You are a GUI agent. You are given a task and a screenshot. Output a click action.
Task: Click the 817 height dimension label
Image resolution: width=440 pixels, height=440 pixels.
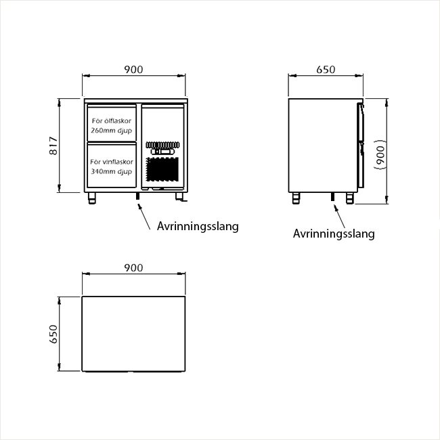point(53,146)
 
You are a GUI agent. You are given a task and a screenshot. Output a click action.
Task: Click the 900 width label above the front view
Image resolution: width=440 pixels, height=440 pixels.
point(133,69)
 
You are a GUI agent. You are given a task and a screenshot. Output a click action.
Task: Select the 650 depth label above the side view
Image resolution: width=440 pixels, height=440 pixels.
point(326,69)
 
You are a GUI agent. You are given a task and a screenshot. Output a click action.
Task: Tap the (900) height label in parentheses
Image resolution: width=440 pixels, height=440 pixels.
point(380,155)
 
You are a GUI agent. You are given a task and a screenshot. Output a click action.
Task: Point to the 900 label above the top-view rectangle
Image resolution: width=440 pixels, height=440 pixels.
point(133,267)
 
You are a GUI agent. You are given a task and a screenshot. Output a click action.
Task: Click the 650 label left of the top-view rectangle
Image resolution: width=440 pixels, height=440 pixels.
point(53,334)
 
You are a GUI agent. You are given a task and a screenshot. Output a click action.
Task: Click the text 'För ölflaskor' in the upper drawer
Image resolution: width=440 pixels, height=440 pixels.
point(112,121)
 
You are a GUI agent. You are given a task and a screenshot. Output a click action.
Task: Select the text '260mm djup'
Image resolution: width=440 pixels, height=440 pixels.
point(112,131)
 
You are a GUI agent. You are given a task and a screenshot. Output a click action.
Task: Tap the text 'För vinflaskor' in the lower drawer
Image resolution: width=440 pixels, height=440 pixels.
point(112,162)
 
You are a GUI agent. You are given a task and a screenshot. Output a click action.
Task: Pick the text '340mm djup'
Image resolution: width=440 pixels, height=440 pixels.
point(112,171)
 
